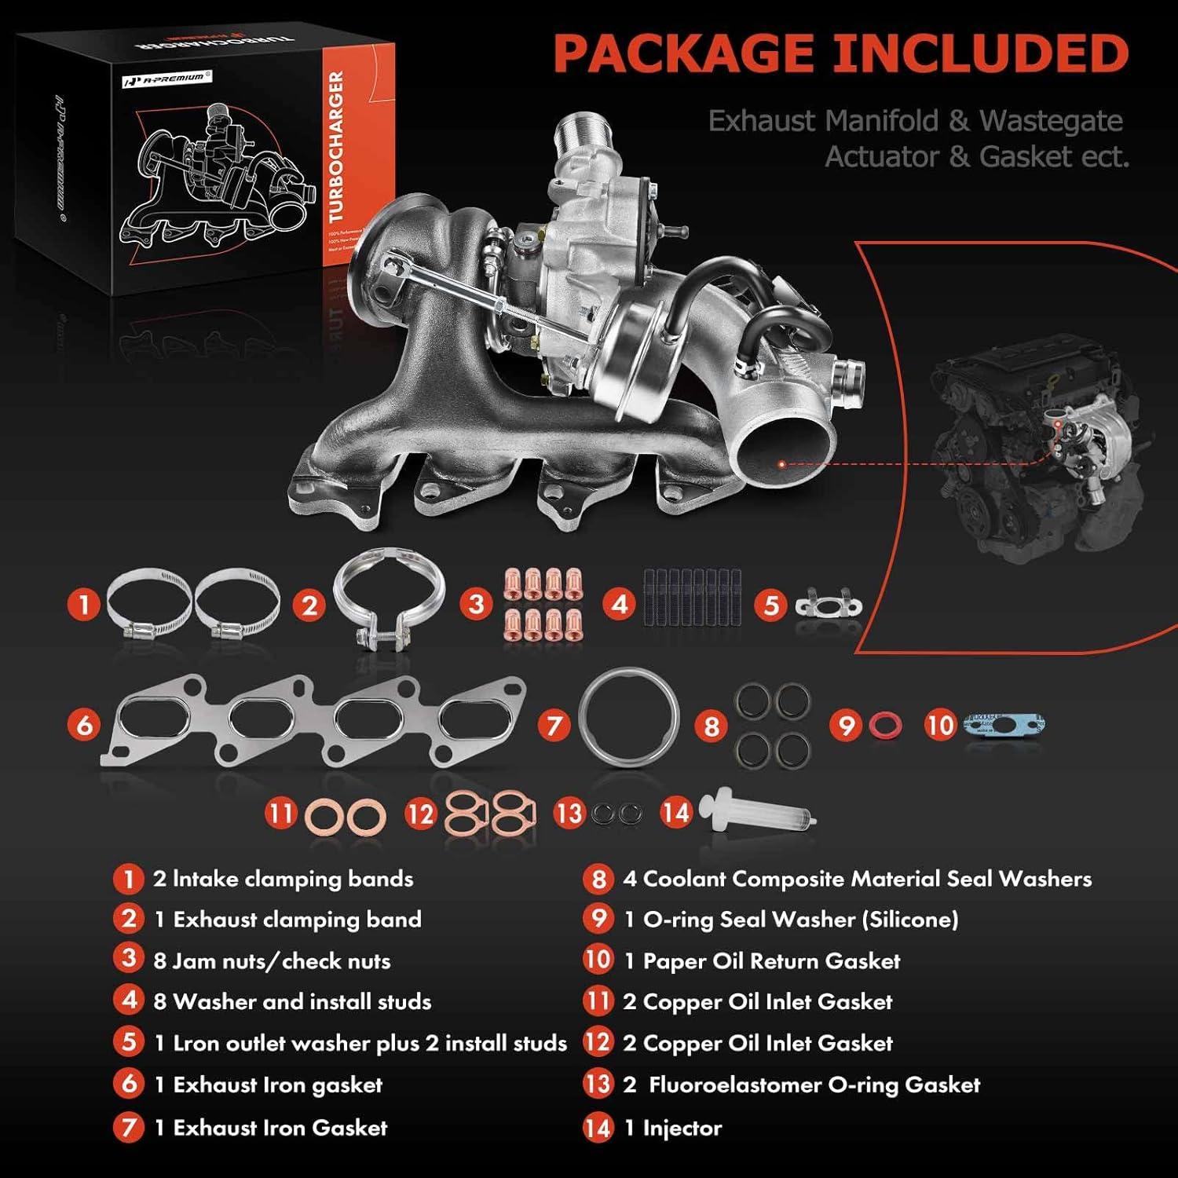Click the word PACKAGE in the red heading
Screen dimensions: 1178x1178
pyautogui.click(x=683, y=53)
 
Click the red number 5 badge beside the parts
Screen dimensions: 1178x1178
pyautogui.click(x=771, y=605)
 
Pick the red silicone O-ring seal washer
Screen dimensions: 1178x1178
pyautogui.click(x=885, y=725)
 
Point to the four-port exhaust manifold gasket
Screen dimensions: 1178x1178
pyautogui.click(x=314, y=721)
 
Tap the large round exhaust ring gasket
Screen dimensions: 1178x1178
pyautogui.click(x=628, y=716)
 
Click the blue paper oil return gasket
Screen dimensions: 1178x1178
pyautogui.click(x=1004, y=724)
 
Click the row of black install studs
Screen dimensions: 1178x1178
pyautogui.click(x=692, y=598)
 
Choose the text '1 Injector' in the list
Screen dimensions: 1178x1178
pyautogui.click(x=672, y=1129)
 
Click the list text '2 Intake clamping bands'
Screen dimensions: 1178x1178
pyautogui.click(x=283, y=879)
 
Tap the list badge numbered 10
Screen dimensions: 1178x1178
pyautogui.click(x=598, y=960)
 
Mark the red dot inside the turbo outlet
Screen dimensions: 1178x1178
pyautogui.click(x=781, y=464)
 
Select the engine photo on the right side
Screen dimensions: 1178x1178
pyautogui.click(x=1037, y=448)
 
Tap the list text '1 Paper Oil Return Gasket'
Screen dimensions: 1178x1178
pyautogui.click(x=762, y=960)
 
